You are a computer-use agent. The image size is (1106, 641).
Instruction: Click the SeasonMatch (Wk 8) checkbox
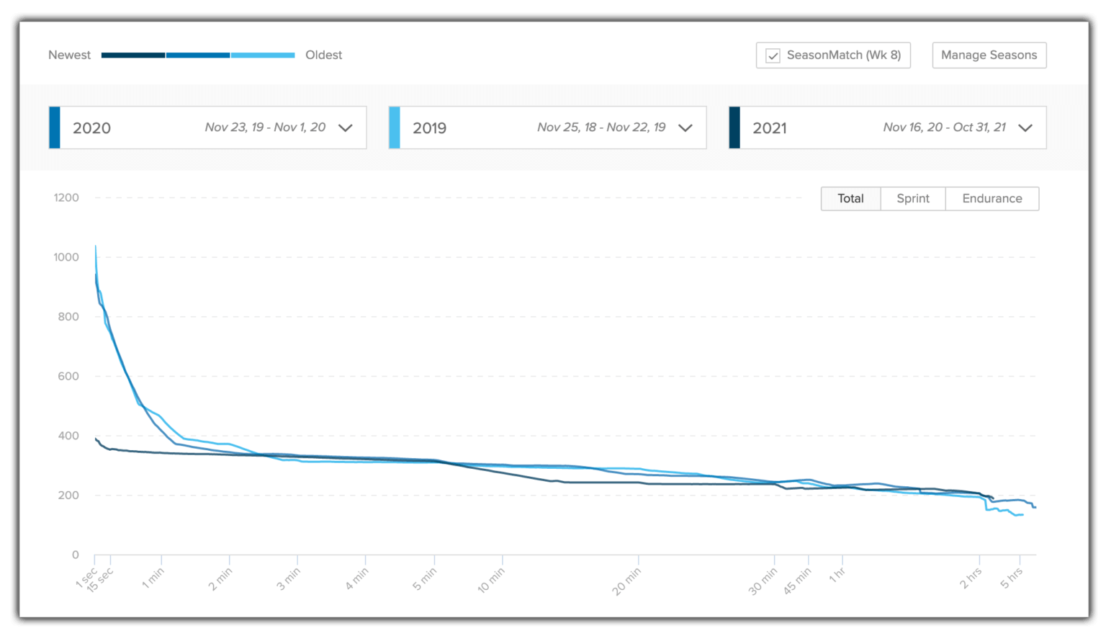click(773, 55)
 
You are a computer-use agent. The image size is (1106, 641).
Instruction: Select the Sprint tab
click(912, 199)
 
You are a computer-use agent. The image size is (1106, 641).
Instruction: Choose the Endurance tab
click(992, 199)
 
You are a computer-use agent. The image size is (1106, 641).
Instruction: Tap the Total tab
click(850, 199)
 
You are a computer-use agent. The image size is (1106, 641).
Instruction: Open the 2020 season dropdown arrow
click(346, 128)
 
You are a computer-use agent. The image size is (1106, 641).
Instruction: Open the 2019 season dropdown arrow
click(685, 128)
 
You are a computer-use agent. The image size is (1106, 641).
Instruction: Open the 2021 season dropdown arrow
click(1025, 128)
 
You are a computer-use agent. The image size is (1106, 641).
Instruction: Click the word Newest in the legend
click(69, 55)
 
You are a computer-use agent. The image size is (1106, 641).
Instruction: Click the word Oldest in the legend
click(323, 55)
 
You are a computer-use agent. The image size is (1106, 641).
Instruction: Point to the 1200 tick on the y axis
click(66, 198)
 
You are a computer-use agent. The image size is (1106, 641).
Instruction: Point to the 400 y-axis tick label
click(66, 436)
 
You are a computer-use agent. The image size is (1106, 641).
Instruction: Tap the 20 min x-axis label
click(626, 581)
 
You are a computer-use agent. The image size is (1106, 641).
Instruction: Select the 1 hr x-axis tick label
click(837, 575)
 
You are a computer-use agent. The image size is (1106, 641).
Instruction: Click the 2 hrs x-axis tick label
click(971, 578)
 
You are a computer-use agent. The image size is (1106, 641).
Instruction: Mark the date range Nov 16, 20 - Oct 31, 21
click(944, 127)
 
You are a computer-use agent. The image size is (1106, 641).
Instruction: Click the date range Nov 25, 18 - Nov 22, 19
click(601, 127)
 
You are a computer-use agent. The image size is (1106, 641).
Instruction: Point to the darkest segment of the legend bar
click(133, 55)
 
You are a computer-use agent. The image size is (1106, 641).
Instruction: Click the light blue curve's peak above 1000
click(95, 247)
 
